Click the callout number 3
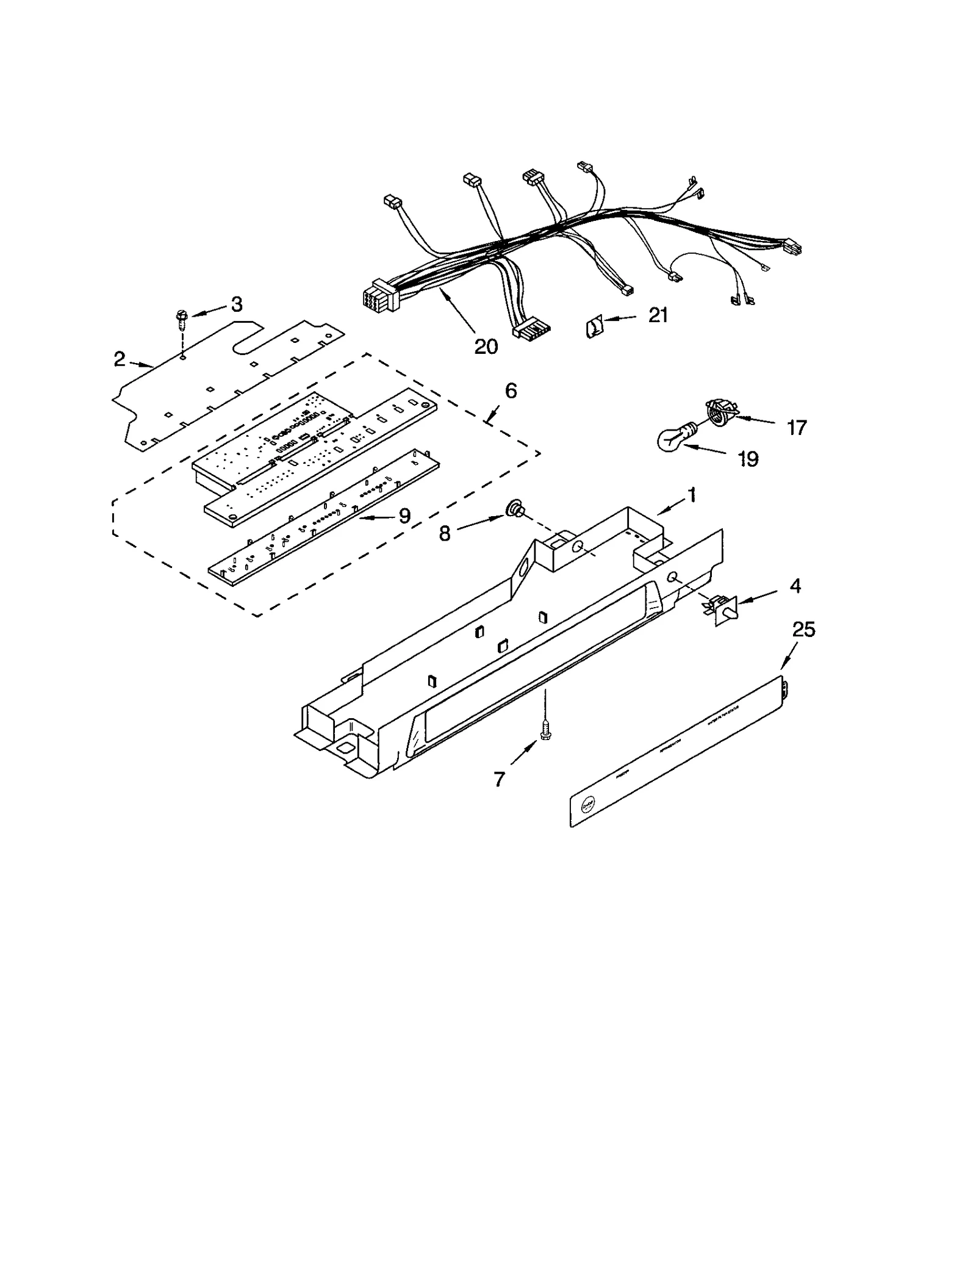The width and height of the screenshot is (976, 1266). (x=236, y=304)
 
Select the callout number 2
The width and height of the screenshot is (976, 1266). (x=119, y=359)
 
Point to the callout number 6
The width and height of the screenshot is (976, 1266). (x=511, y=390)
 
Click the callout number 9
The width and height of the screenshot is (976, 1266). (x=404, y=516)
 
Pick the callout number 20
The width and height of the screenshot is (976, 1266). (x=486, y=347)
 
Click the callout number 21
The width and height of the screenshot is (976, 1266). (x=658, y=315)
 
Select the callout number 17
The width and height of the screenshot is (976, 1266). (x=797, y=428)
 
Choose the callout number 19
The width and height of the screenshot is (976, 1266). (x=748, y=459)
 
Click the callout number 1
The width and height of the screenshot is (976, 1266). (x=692, y=495)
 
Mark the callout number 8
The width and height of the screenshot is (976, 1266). (x=445, y=533)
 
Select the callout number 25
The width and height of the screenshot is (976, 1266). (x=803, y=630)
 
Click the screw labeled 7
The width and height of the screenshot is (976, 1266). (x=545, y=729)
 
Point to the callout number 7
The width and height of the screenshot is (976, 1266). (x=500, y=779)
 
